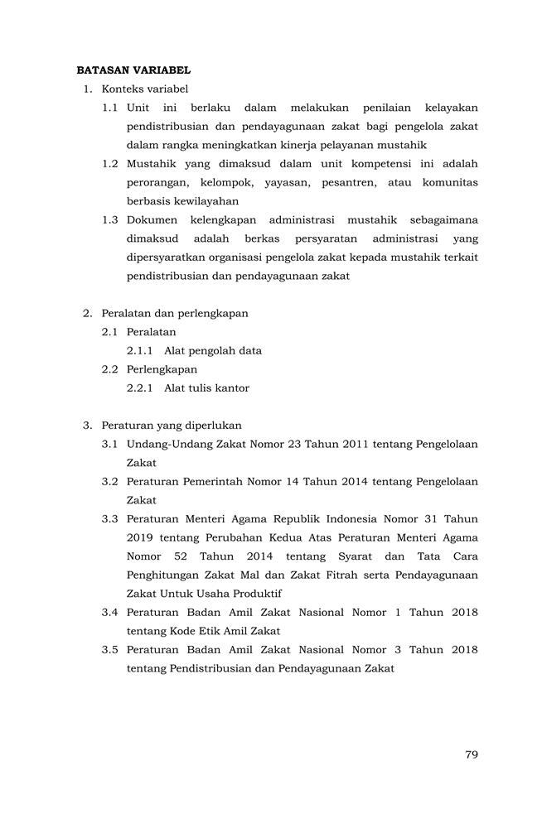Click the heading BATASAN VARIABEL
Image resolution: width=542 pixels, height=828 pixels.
(133, 70)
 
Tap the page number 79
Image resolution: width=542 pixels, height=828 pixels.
(471, 754)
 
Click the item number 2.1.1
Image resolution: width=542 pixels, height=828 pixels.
(141, 350)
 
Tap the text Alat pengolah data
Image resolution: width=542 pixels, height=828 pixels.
(213, 350)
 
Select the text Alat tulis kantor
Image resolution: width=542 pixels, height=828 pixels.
(206, 388)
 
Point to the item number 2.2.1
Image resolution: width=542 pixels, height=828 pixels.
(141, 388)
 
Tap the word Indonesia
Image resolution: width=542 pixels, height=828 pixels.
(349, 519)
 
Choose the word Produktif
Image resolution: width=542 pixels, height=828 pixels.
(256, 594)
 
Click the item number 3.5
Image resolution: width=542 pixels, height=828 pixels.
(111, 650)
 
